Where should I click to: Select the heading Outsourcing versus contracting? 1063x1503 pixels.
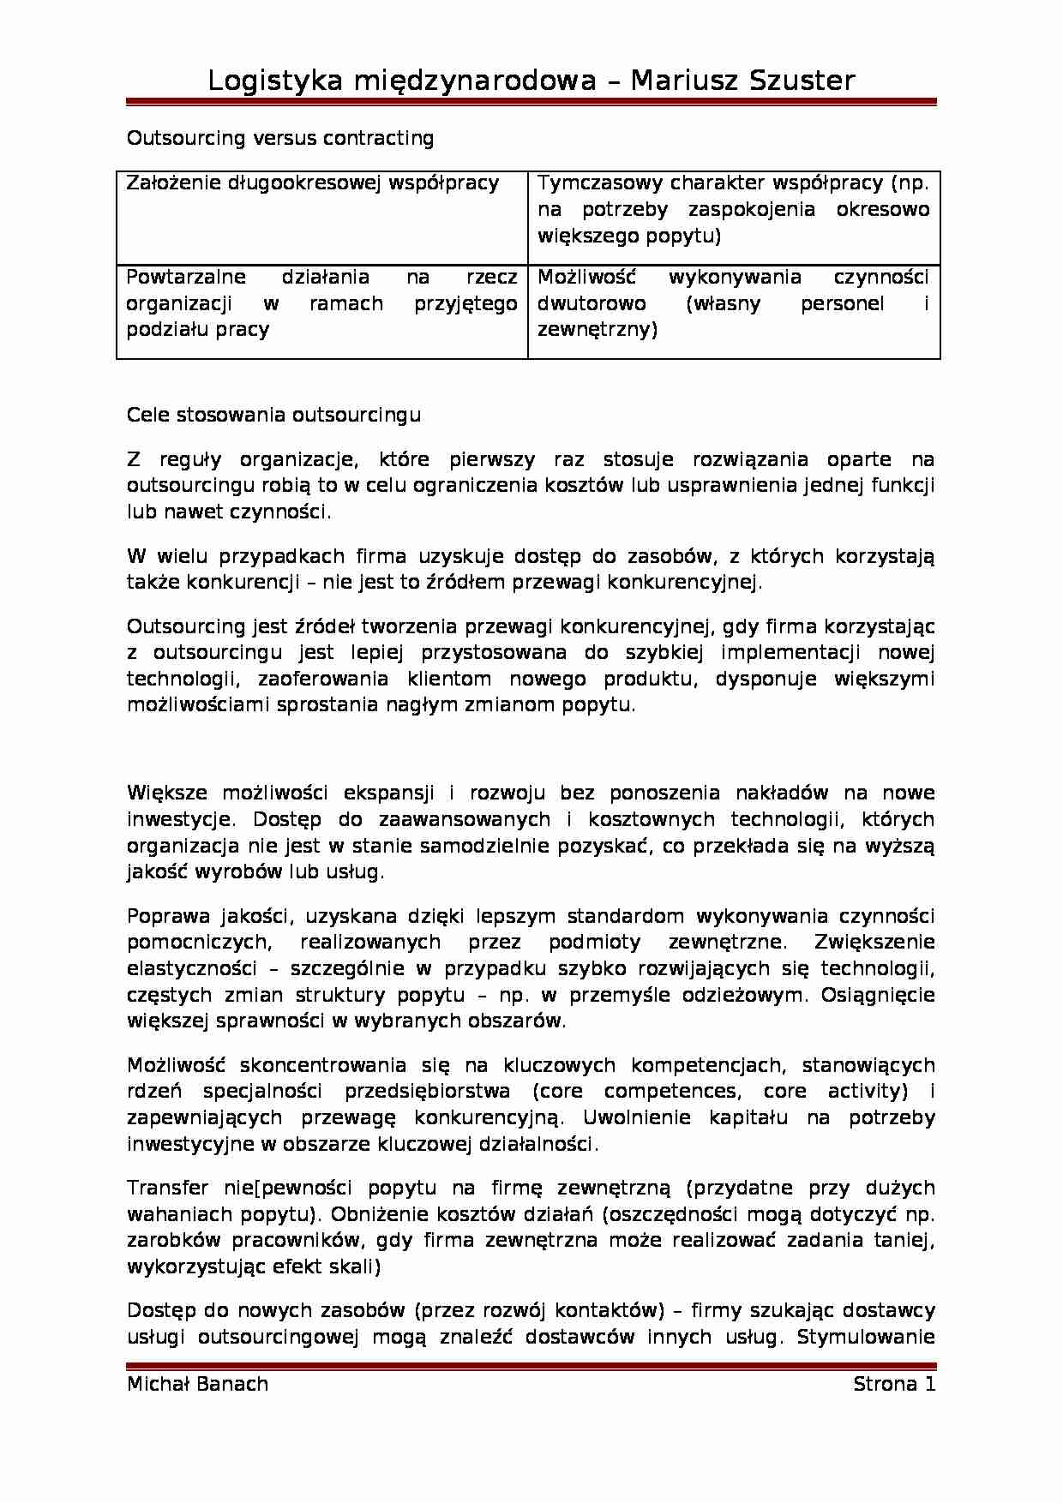coord(280,138)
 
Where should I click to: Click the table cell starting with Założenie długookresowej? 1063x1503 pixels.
coord(313,183)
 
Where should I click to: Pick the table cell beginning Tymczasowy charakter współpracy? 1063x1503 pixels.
coord(733,209)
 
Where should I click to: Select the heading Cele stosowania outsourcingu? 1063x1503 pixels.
coord(273,415)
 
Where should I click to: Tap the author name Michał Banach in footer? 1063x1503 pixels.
coord(197,1385)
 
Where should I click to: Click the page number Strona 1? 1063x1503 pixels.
coord(894,1385)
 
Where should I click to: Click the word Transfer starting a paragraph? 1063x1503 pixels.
coord(168,1188)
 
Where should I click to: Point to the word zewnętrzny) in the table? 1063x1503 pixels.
coord(597,329)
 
